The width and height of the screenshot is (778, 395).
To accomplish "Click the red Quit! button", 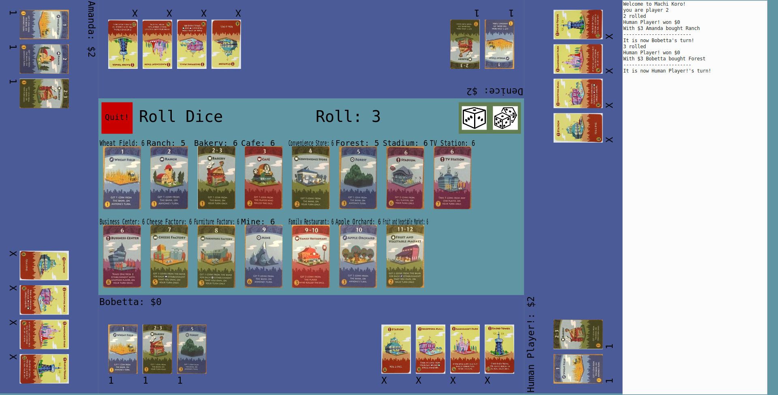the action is [x=117, y=117].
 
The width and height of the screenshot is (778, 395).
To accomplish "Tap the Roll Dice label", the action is [x=181, y=117].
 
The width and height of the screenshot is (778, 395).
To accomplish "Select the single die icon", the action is [x=474, y=118].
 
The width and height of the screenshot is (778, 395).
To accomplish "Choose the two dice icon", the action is [x=505, y=118].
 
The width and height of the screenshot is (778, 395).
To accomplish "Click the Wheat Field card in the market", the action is [x=122, y=178].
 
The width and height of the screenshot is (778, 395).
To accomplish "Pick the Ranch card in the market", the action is [x=169, y=178].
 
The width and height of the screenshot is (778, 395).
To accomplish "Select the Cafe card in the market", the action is [x=263, y=178].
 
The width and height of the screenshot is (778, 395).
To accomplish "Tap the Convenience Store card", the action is [x=310, y=178].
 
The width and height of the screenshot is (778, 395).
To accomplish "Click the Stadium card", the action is [x=405, y=178].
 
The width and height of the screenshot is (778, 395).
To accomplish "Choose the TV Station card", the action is [x=452, y=178].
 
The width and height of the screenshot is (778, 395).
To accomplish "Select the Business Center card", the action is [x=122, y=256].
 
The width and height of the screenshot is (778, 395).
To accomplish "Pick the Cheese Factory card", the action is [x=169, y=256].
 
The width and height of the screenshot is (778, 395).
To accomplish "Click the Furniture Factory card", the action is [x=216, y=256].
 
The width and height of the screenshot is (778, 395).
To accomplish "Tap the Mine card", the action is [x=263, y=256].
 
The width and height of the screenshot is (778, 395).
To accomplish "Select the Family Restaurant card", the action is [x=310, y=256].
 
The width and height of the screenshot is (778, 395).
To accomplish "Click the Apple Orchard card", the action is [x=358, y=256].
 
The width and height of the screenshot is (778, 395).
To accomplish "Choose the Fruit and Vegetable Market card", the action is [x=405, y=256].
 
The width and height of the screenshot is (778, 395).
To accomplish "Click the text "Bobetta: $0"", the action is [x=130, y=302].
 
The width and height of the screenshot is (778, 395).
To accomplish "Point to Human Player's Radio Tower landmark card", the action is [x=499, y=349].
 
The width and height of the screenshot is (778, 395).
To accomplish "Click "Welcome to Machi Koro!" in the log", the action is [x=654, y=4].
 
